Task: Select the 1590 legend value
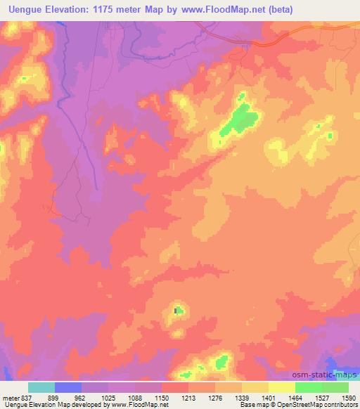coord(347,398)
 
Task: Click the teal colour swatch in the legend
coord(41,387)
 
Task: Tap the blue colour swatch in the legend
coord(68,387)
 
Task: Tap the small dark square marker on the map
coord(176,310)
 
